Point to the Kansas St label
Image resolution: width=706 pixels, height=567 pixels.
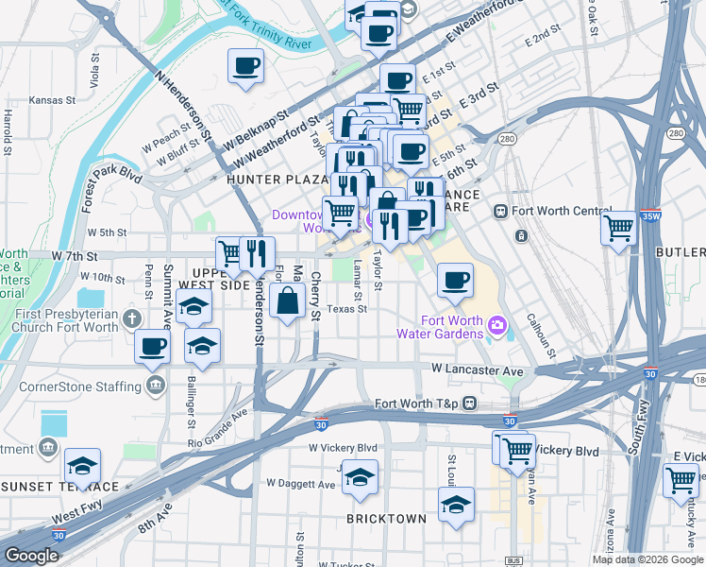tap(52, 99)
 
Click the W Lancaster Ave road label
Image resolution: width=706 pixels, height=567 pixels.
tap(477, 370)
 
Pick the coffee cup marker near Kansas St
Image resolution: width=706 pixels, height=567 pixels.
tap(245, 66)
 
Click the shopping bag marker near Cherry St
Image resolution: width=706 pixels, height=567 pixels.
tap(287, 301)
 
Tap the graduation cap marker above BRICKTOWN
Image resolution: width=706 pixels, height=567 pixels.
tap(360, 477)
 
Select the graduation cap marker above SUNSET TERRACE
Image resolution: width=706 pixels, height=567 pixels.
tap(82, 466)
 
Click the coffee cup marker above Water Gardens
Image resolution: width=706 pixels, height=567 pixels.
tap(455, 280)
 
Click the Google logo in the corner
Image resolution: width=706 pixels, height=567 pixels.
tap(31, 556)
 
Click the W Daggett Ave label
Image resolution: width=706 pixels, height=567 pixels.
tap(300, 484)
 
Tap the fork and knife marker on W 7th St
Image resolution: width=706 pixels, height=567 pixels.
tap(257, 251)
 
